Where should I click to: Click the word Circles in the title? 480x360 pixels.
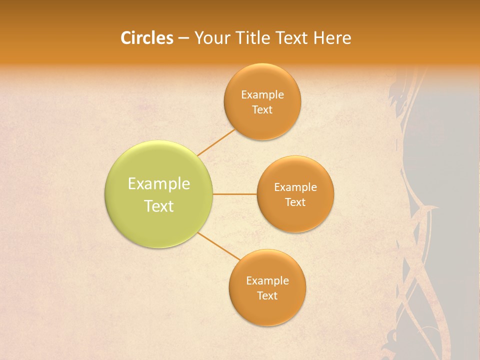(146, 38)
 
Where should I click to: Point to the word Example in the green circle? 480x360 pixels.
(159, 184)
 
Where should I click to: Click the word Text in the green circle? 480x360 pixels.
(159, 206)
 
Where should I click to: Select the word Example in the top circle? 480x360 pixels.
(262, 95)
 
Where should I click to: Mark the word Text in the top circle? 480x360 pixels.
(262, 110)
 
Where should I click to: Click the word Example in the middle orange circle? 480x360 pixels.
(295, 187)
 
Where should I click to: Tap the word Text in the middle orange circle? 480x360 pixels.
(295, 202)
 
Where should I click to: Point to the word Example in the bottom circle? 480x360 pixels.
(267, 281)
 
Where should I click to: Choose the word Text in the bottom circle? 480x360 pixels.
(267, 296)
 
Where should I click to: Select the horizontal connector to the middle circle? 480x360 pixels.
(234, 194)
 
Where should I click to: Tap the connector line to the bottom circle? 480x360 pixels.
(219, 246)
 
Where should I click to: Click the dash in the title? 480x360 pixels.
(183, 38)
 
